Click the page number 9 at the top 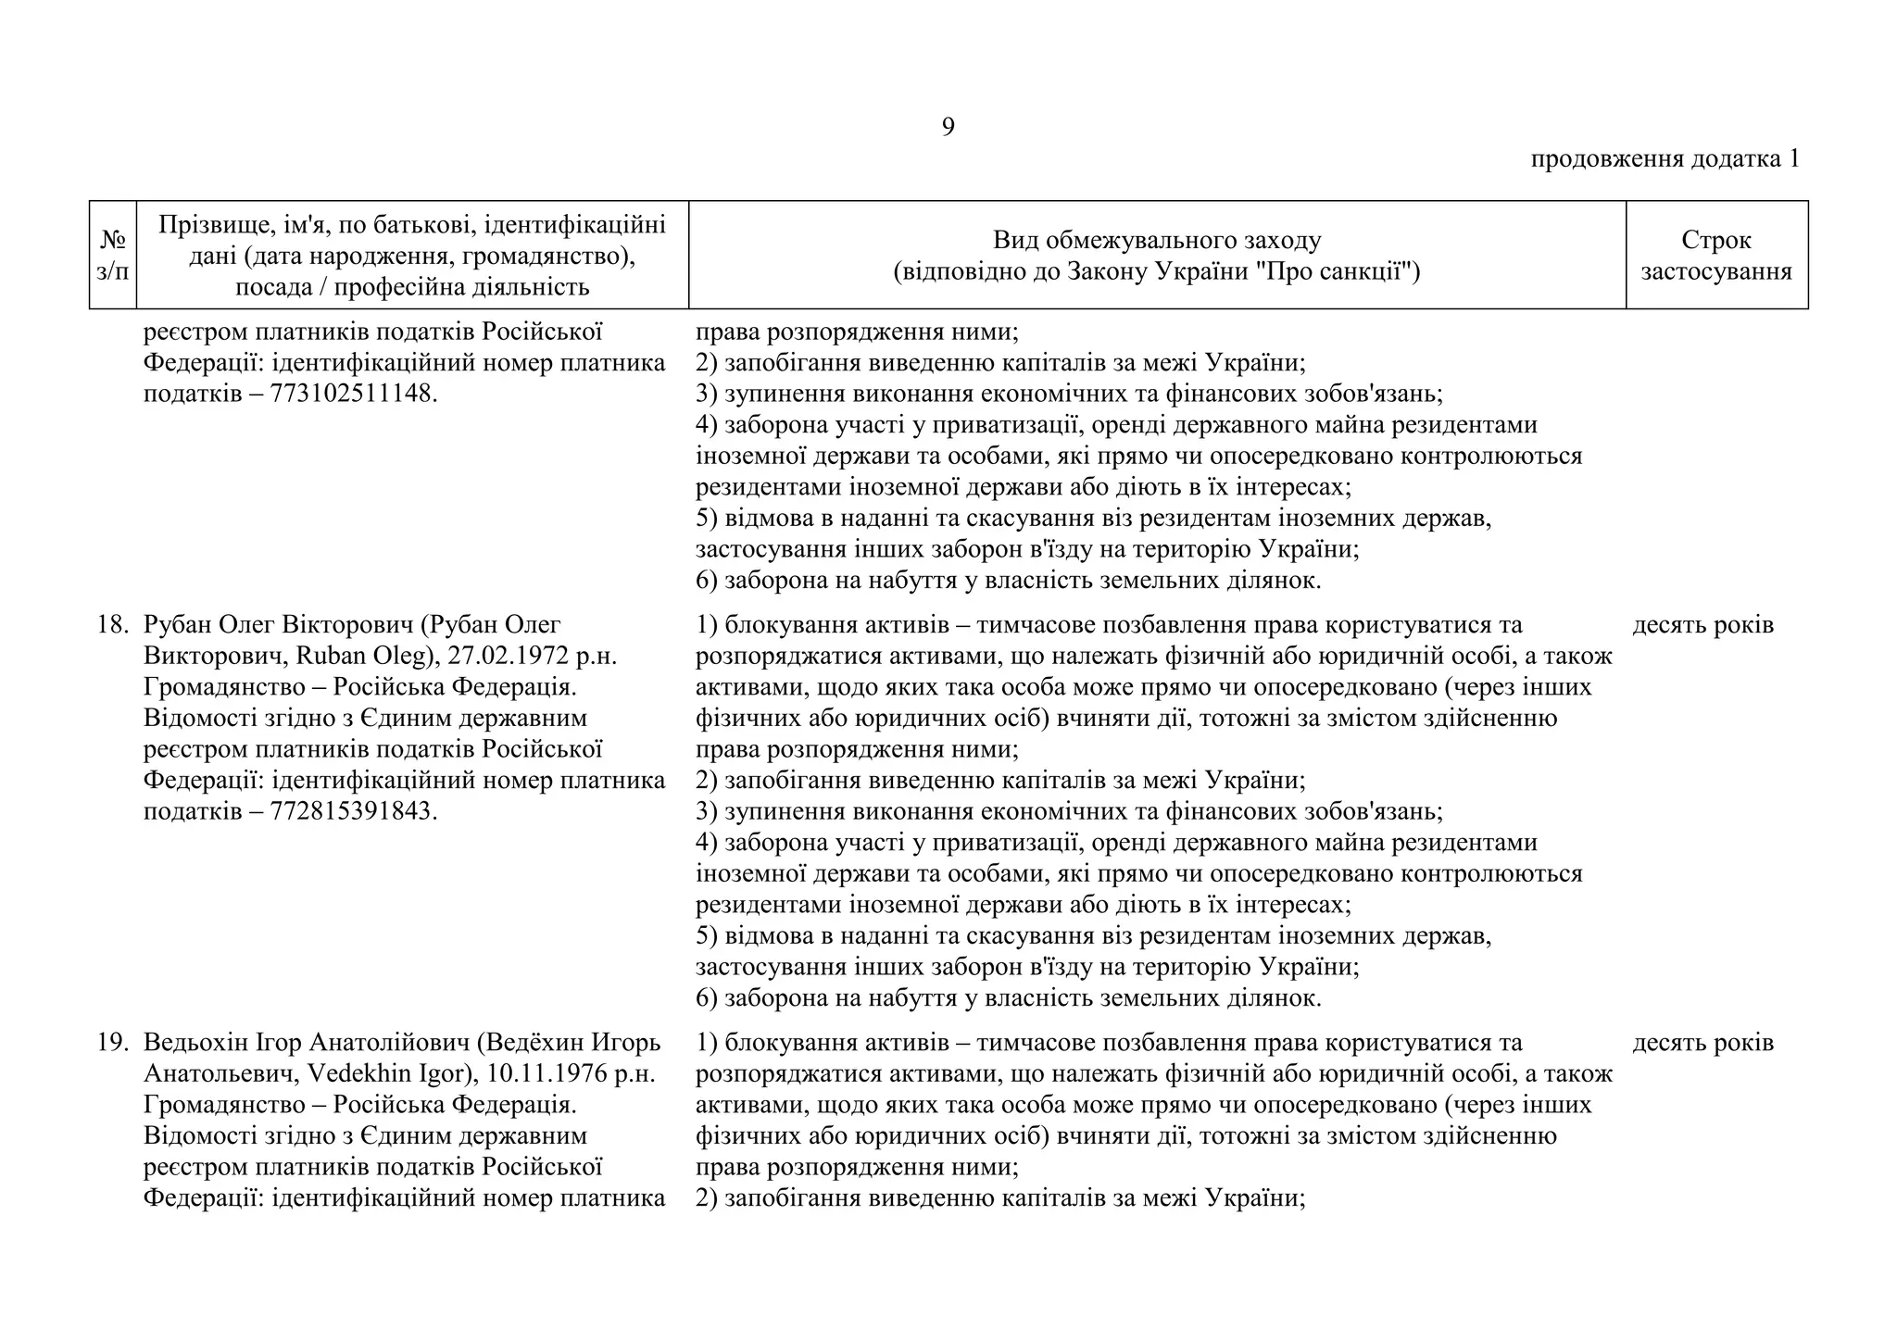click(948, 128)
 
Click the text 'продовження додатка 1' click(1665, 159)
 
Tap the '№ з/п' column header click(112, 256)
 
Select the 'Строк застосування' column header click(1715, 256)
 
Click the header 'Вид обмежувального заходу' click(1156, 241)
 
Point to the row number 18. click(112, 625)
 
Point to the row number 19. click(112, 1043)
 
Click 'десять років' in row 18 click(1702, 625)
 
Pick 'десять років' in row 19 click(1702, 1043)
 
